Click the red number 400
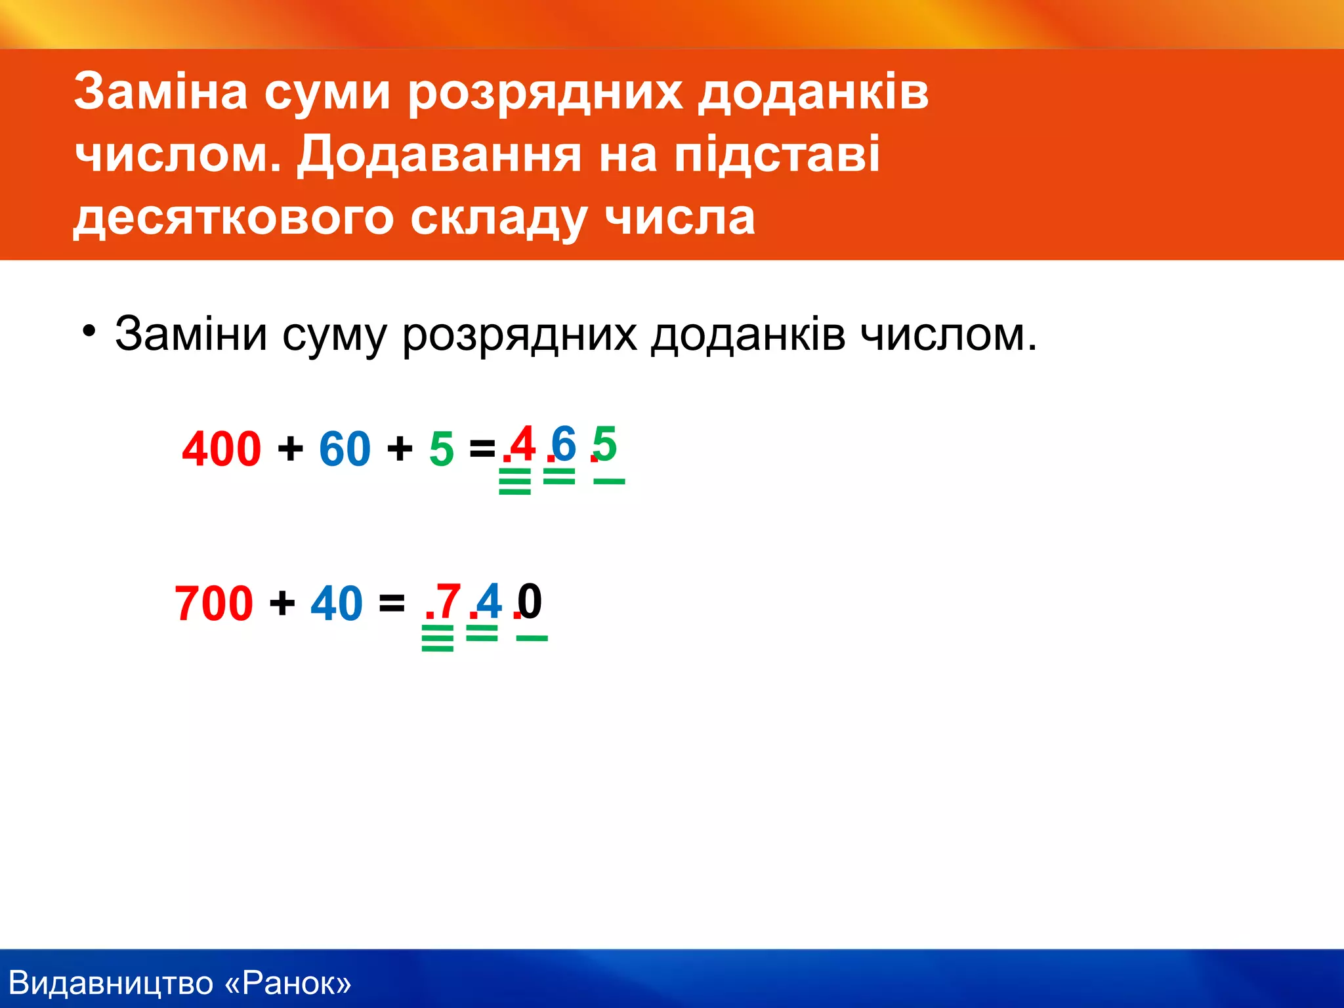pyautogui.click(x=221, y=449)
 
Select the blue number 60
pyautogui.click(x=345, y=449)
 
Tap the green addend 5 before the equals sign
pyautogui.click(x=442, y=450)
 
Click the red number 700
pyautogui.click(x=213, y=603)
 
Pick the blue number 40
pyautogui.click(x=336, y=603)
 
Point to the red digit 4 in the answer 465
pyautogui.click(x=523, y=444)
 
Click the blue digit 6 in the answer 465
pyautogui.click(x=564, y=444)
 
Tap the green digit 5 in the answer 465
pyautogui.click(x=605, y=444)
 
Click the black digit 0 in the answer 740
pyautogui.click(x=530, y=600)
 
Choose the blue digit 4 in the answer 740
pyautogui.click(x=490, y=600)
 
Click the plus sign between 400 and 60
pyautogui.click(x=290, y=450)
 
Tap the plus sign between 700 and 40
pyautogui.click(x=282, y=602)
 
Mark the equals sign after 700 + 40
pyautogui.click(x=392, y=602)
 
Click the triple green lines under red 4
pyautogui.click(x=514, y=481)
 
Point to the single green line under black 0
pyautogui.click(x=532, y=638)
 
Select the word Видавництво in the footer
pyautogui.click(x=112, y=983)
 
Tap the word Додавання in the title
pyautogui.click(x=439, y=155)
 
